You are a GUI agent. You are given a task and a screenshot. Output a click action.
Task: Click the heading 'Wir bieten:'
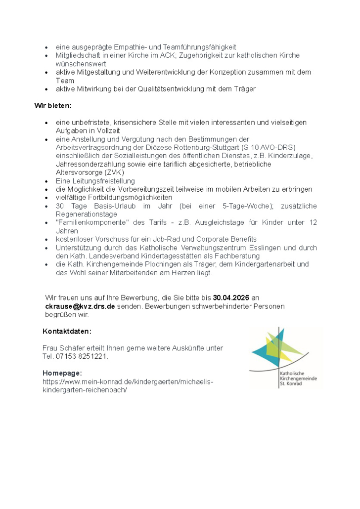[x=53, y=106]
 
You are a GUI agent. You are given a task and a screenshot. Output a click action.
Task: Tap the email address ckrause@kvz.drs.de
[x=80, y=306]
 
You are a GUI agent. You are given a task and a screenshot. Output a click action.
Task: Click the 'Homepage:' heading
[x=62, y=373]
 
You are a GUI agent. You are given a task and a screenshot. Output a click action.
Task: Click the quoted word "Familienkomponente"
[x=92, y=223]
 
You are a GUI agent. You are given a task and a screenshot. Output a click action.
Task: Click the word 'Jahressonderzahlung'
[x=89, y=164]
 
